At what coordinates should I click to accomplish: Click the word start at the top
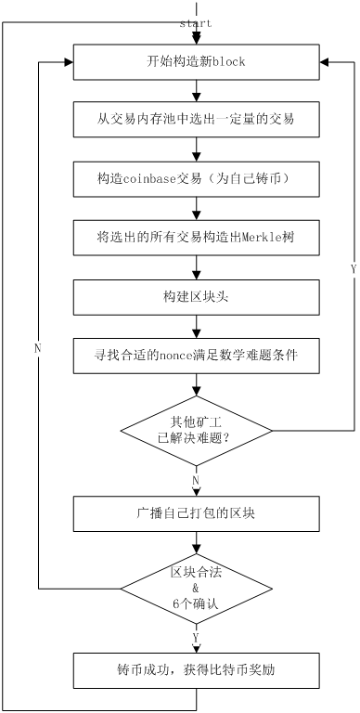point(196,22)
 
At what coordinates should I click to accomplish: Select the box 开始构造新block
point(196,61)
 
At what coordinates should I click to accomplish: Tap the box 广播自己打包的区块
point(196,511)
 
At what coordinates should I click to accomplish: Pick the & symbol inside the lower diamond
point(196,588)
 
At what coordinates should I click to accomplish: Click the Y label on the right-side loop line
point(353,268)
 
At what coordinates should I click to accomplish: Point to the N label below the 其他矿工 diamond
point(195,480)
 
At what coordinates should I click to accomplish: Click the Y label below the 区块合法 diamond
point(195,636)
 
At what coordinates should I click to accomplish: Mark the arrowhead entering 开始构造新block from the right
point(324,61)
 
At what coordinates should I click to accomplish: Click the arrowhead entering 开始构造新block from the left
point(67,61)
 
